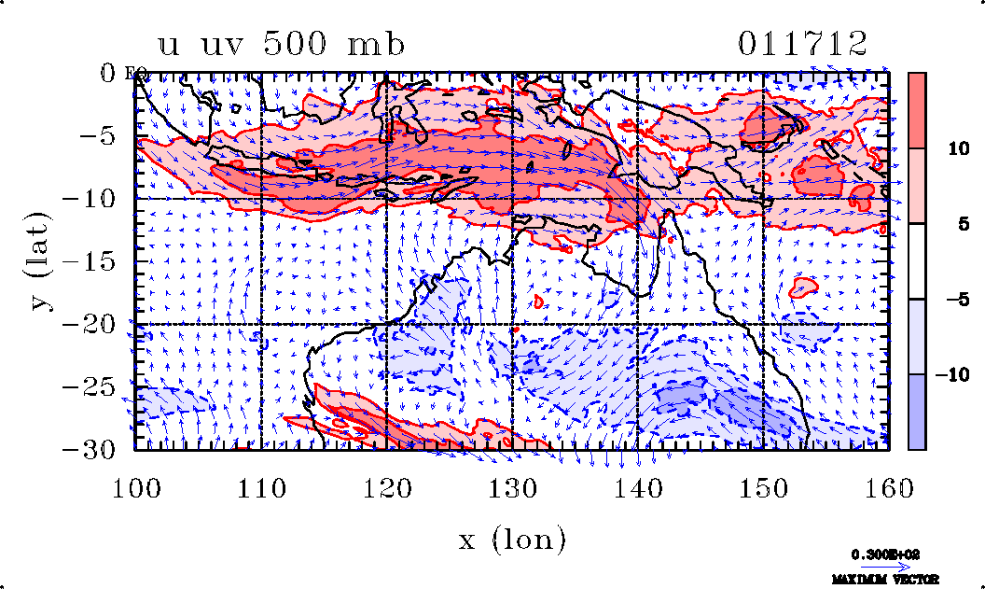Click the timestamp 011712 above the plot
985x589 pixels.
(802, 44)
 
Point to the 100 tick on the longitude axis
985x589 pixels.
(136, 485)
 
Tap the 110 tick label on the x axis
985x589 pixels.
(261, 485)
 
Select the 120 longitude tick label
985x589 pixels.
(386, 485)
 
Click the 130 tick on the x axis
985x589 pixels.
(511, 485)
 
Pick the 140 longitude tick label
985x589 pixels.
(637, 485)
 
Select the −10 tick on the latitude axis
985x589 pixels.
(93, 199)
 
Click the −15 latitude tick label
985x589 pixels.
(93, 262)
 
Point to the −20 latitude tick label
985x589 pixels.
(93, 325)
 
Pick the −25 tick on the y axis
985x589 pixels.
(93, 387)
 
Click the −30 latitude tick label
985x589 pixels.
(93, 450)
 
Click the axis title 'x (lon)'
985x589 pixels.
(512, 539)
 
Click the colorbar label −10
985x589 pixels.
(950, 374)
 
